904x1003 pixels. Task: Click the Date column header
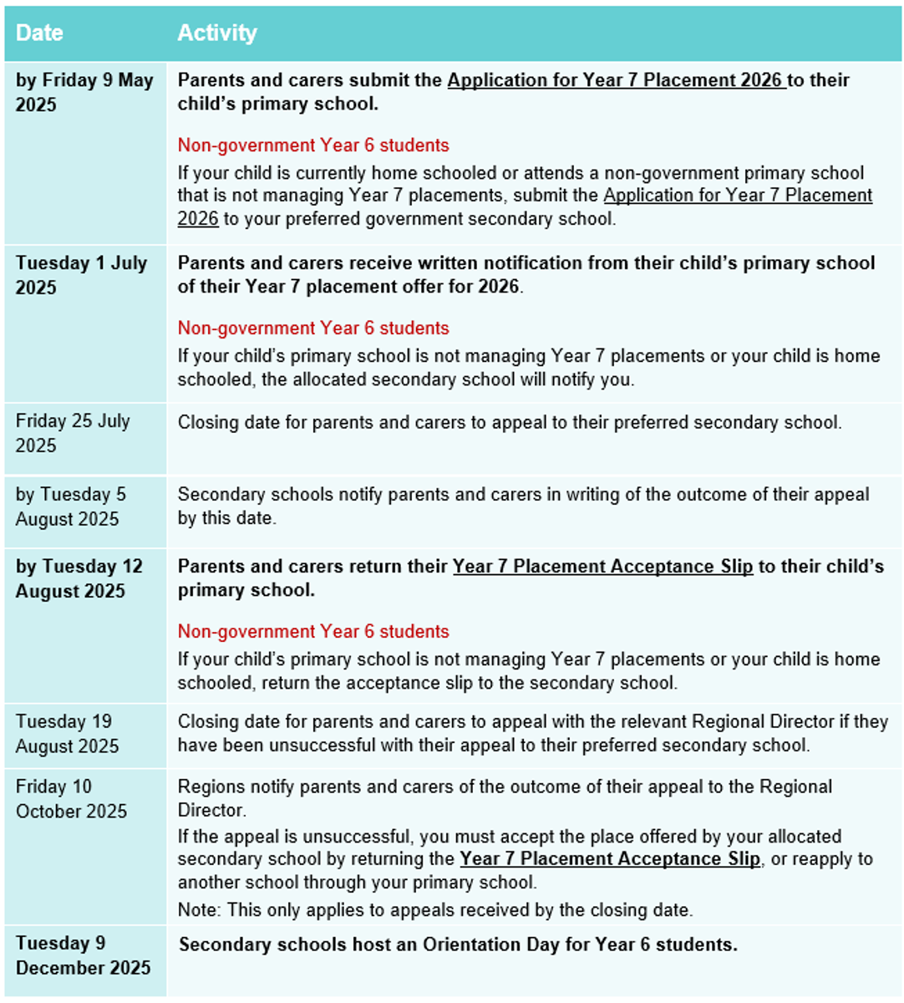coord(39,33)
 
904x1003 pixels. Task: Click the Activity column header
coord(217,33)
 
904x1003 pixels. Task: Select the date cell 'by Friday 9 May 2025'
coord(84,92)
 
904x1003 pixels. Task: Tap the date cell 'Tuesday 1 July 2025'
coord(81,275)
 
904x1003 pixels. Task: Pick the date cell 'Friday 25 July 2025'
coord(73,433)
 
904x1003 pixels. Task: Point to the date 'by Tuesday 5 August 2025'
coord(70,507)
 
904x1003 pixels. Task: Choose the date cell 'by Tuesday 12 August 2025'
coord(79,578)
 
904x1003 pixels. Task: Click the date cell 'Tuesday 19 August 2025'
coord(67,734)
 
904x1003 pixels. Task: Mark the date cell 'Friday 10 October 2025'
coord(71,799)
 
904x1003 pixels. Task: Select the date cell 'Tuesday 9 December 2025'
coord(83,955)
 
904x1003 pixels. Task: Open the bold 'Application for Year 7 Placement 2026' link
coord(616,80)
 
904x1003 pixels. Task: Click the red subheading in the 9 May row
coord(313,145)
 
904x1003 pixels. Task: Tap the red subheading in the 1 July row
coord(313,328)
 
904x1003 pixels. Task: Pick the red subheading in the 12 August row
coord(313,632)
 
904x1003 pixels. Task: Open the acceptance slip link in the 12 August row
coord(602,567)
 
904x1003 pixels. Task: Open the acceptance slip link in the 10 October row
coord(610,859)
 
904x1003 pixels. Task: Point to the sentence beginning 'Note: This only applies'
coord(435,910)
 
